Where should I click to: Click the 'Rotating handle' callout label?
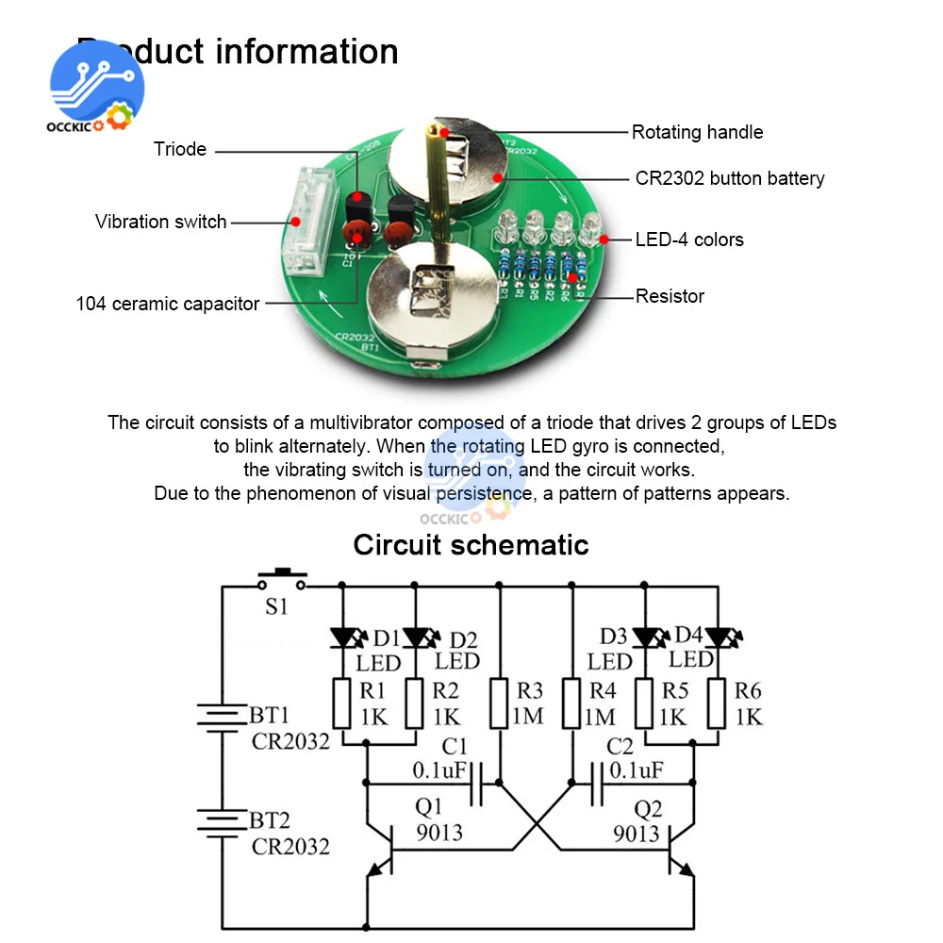pyautogui.click(x=697, y=132)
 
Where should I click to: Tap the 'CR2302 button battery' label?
pyautogui.click(x=729, y=178)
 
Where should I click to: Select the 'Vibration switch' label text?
pyautogui.click(x=160, y=223)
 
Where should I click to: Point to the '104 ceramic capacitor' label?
pyautogui.click(x=167, y=304)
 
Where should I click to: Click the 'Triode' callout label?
pyautogui.click(x=180, y=149)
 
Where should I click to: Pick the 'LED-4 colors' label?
pyautogui.click(x=688, y=240)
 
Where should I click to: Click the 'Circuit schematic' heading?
pyautogui.click(x=471, y=545)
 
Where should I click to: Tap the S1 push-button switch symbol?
pyautogui.click(x=281, y=577)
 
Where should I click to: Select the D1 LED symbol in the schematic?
pyautogui.click(x=342, y=638)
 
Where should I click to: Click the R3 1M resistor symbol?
pyautogui.click(x=500, y=703)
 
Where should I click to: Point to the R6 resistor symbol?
pyautogui.click(x=718, y=703)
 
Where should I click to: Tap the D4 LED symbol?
pyautogui.click(x=718, y=638)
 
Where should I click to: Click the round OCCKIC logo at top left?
pyautogui.click(x=96, y=87)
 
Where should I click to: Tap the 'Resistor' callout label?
pyautogui.click(x=670, y=296)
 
